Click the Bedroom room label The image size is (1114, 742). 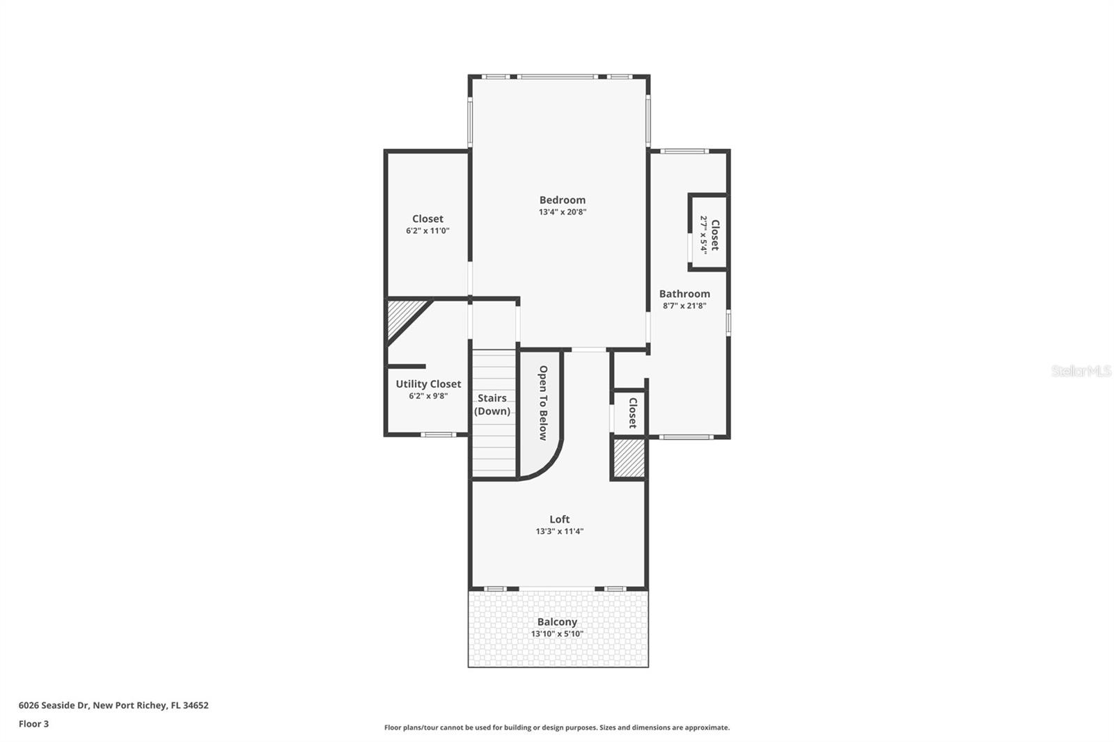pos(562,200)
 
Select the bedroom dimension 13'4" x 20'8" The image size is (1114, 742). pos(562,212)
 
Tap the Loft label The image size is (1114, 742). pos(559,519)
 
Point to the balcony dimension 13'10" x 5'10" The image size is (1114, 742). pos(557,634)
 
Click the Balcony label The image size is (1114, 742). pos(557,622)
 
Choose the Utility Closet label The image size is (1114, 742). pos(428,384)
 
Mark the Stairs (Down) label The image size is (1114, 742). pos(492,404)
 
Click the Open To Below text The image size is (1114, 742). pos(543,403)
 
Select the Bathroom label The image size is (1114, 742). pos(684,294)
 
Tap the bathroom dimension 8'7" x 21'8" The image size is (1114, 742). pos(684,306)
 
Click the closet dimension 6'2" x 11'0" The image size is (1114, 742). pos(427,231)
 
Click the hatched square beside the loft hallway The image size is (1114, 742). pos(628,458)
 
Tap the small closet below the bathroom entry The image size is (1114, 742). pos(630,413)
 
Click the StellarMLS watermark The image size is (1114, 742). pos(1081,371)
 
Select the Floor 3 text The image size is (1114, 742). pos(33,724)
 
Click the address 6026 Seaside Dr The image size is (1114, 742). pos(113,705)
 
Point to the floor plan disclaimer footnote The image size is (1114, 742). pos(557,727)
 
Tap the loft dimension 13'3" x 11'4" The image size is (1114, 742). pos(559,532)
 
